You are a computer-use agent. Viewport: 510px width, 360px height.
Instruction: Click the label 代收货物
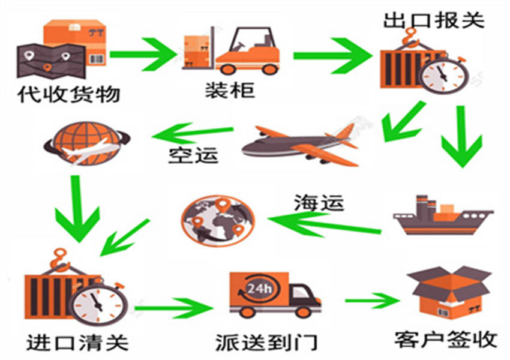point(68,94)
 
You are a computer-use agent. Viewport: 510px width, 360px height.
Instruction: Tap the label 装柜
point(230,89)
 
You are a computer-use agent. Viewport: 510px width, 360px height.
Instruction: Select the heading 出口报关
point(434,20)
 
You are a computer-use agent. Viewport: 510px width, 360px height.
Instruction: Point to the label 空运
point(193,155)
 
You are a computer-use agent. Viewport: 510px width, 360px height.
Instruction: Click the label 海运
point(319,203)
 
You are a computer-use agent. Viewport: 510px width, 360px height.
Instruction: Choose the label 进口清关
point(77,343)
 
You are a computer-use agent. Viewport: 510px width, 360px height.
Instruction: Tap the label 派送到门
point(266,343)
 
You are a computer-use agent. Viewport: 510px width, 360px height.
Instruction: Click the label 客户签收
point(446,340)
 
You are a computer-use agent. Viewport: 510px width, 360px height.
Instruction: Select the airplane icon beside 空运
point(300,145)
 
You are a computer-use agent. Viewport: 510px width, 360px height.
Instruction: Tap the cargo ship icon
point(443,215)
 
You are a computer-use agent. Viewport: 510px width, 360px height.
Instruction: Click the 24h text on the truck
point(259,288)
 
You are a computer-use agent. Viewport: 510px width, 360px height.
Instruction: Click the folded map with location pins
point(52,61)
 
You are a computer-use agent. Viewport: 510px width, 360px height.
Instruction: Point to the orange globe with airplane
point(87,143)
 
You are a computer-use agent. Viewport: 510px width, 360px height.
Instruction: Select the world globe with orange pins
point(218,221)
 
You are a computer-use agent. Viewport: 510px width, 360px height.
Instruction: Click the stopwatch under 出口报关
point(444,75)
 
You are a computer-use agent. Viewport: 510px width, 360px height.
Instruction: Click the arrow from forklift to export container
point(333,56)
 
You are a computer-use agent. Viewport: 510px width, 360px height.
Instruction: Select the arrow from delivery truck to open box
point(373,301)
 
